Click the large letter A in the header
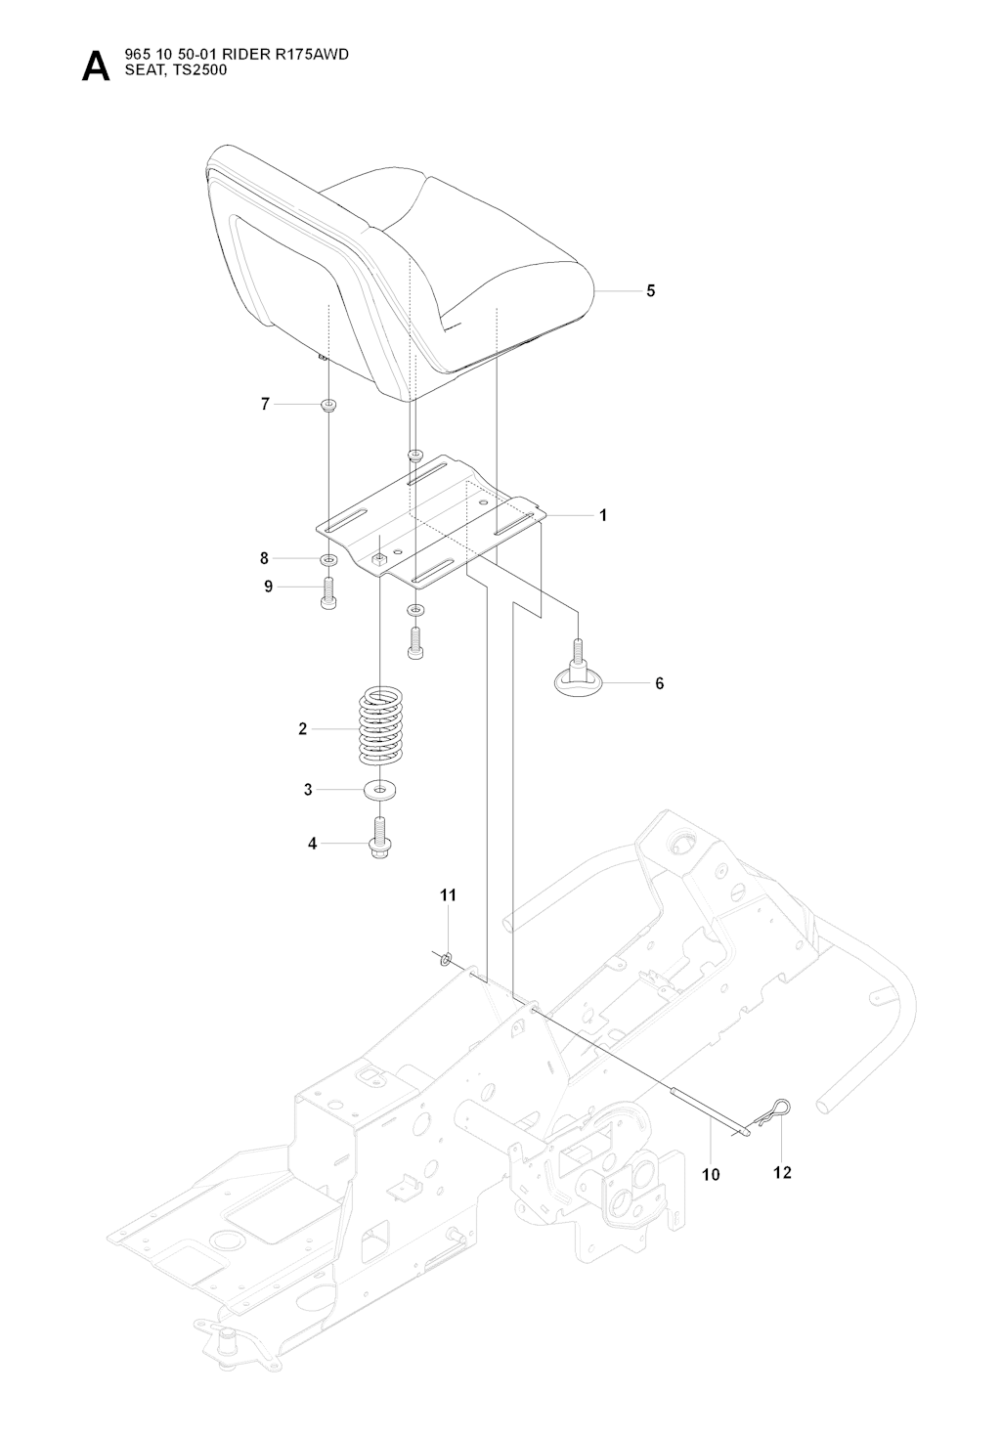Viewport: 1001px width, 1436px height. (96, 65)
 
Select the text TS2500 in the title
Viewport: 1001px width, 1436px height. (199, 69)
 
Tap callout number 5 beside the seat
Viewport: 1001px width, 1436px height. (651, 290)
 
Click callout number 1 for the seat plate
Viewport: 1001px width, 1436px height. (603, 514)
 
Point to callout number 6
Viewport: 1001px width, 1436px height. (659, 683)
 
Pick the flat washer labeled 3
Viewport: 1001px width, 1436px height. (379, 789)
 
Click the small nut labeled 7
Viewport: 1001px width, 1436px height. (329, 405)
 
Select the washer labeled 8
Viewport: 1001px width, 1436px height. (328, 560)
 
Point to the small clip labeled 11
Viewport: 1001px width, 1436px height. (446, 958)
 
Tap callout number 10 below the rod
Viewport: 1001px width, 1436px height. (711, 1174)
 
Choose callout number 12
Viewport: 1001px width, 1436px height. (782, 1172)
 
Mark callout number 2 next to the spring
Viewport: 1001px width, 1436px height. (303, 728)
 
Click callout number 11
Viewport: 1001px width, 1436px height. (448, 894)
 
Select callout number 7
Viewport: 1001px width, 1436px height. (264, 404)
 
